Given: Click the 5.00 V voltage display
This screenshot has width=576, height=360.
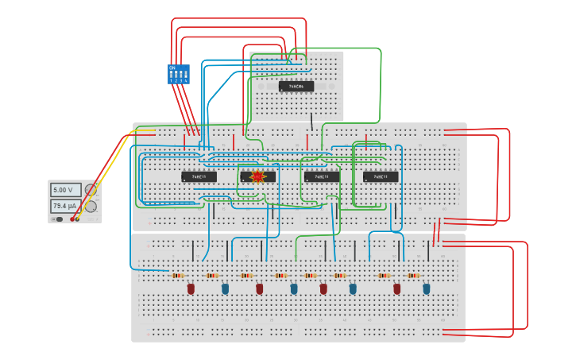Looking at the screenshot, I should (x=65, y=190).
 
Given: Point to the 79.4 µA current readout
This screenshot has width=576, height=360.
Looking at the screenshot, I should (x=65, y=207).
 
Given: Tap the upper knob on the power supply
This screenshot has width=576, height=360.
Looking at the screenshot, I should (x=91, y=190).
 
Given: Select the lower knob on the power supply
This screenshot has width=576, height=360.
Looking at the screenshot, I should (x=91, y=207).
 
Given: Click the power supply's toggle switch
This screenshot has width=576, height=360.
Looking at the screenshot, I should (x=60, y=219).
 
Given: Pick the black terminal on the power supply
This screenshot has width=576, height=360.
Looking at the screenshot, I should (x=72, y=219).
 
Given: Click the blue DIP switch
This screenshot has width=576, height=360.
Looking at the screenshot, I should (x=178, y=74).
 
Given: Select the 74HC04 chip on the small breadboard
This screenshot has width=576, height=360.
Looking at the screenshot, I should (x=296, y=86).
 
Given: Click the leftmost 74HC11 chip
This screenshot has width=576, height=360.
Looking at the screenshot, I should (x=199, y=176).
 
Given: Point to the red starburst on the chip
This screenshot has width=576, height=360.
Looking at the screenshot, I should (x=257, y=176).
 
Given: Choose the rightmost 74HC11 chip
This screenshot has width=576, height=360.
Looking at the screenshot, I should (x=381, y=176).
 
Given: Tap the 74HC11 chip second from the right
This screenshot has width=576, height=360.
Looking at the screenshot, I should (x=322, y=176).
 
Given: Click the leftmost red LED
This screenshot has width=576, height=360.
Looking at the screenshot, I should (x=191, y=289).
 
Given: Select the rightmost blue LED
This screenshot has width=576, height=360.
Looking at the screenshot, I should (x=427, y=289).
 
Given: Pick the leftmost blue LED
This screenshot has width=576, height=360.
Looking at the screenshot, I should (x=225, y=289).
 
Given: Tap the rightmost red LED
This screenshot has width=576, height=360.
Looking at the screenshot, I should (x=397, y=289).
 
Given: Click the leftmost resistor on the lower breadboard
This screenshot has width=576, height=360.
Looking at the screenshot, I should (x=178, y=276).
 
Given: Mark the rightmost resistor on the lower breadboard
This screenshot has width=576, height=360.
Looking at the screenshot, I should (x=413, y=276).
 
